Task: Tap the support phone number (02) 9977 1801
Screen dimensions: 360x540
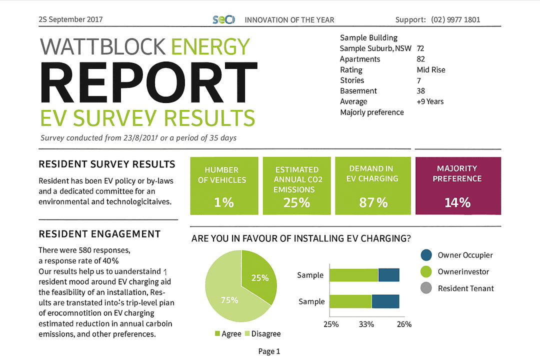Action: pos(455,20)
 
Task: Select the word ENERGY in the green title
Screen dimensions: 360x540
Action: pos(210,46)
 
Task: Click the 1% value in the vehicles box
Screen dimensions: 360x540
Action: pos(224,202)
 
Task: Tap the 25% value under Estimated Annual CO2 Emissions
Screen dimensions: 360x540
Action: pos(297,202)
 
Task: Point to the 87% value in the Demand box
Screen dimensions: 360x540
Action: pos(373,202)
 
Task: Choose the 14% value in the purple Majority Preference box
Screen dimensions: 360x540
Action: pos(457,202)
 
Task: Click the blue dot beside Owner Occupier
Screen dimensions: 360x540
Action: pos(426,255)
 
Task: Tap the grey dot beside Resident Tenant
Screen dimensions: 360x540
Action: pos(426,288)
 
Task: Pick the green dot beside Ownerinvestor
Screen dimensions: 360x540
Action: pos(426,271)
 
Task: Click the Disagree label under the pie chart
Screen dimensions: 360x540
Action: pos(265,333)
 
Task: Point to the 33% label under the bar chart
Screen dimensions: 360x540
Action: pos(366,324)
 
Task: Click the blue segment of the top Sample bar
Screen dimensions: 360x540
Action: pos(388,275)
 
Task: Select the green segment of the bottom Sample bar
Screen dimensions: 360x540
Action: pos(350,301)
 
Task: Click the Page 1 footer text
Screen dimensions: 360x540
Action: pos(269,351)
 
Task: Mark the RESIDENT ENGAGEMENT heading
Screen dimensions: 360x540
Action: pos(99,234)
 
